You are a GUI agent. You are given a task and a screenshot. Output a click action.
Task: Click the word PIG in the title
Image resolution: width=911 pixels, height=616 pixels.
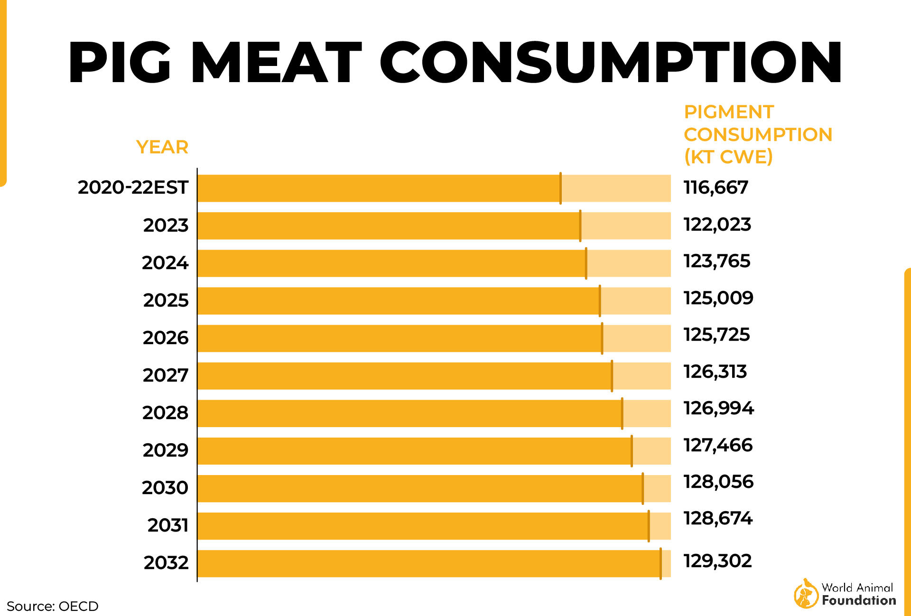click(119, 63)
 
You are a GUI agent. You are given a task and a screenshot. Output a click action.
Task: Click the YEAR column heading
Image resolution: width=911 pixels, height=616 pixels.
click(162, 147)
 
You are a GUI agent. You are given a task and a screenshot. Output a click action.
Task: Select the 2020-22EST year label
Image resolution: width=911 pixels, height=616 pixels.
click(133, 187)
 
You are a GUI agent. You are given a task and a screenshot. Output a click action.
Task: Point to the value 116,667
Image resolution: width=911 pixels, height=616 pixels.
click(716, 187)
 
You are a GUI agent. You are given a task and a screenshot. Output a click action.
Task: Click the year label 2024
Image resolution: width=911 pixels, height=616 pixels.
click(165, 263)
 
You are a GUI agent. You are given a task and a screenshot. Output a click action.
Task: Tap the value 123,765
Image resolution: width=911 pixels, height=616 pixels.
click(716, 261)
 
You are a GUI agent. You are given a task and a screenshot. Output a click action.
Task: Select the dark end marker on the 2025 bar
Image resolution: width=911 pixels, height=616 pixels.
click(600, 301)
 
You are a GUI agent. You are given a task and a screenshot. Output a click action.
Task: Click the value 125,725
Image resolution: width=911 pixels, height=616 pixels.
click(716, 335)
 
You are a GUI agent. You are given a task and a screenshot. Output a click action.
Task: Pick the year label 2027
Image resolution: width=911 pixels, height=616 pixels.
click(165, 375)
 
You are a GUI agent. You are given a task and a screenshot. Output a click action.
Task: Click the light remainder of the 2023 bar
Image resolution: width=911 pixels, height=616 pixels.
click(625, 226)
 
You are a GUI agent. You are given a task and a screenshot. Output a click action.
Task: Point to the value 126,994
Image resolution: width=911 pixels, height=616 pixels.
click(718, 408)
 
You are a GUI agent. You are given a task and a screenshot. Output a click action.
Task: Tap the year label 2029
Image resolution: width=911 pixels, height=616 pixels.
click(165, 450)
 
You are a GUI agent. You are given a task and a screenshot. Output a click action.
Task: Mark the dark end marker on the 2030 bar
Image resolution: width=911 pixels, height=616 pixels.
click(643, 488)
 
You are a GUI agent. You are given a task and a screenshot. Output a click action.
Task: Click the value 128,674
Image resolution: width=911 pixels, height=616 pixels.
click(717, 518)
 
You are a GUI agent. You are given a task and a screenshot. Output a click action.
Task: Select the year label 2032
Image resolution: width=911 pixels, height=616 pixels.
click(166, 563)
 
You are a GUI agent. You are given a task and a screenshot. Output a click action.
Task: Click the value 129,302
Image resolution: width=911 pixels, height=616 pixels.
click(717, 561)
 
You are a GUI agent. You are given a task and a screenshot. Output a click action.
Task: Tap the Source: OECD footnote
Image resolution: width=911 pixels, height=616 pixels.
click(52, 606)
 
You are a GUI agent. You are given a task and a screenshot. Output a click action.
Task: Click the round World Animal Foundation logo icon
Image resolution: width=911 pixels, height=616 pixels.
click(805, 594)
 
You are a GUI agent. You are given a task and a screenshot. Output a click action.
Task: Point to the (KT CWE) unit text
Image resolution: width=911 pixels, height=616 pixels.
click(728, 157)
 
